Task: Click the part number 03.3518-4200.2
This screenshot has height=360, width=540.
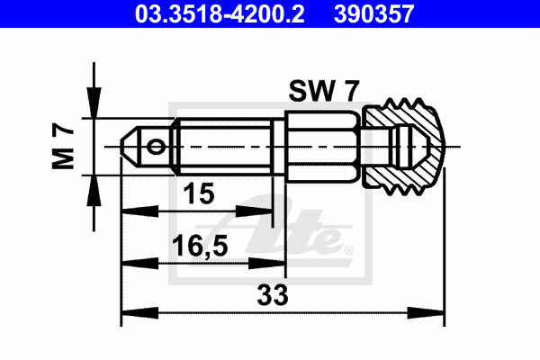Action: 220,13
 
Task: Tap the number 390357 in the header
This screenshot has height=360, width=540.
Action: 374,13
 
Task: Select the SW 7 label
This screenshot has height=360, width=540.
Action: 324,91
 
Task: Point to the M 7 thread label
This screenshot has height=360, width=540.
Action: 63,147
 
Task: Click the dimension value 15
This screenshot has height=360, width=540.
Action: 199,193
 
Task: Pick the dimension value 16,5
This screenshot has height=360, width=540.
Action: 200,246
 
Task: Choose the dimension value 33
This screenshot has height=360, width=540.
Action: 273,295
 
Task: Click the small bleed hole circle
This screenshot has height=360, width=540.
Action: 156,147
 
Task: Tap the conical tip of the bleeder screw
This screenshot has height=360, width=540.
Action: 130,147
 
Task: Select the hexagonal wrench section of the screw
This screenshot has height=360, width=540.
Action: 323,147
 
